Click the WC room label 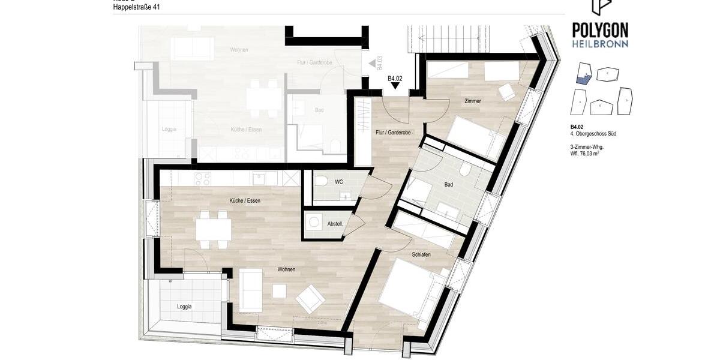(x=339, y=182)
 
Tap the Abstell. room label (x=335, y=224)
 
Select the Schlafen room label (x=421, y=254)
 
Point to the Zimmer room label (x=473, y=101)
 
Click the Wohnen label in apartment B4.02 (x=286, y=269)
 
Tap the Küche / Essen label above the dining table (x=245, y=200)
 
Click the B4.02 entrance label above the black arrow (x=395, y=79)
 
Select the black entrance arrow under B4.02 (x=395, y=86)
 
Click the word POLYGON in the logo (x=600, y=30)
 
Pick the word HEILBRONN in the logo (x=600, y=44)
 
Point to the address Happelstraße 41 (x=137, y=7)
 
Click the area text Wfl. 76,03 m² (x=585, y=154)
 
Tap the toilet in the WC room (x=322, y=181)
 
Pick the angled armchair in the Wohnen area (x=310, y=298)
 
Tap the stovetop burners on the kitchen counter (x=203, y=178)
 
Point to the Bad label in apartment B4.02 (x=449, y=184)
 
